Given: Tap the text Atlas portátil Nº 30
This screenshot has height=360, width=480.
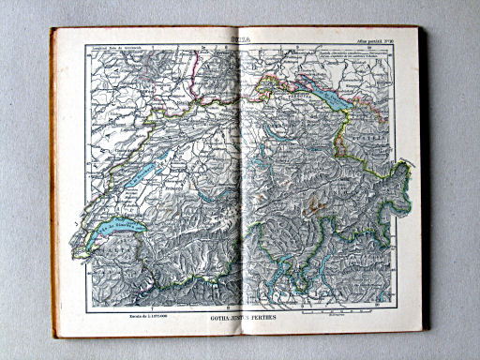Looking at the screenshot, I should tap(379, 40).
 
